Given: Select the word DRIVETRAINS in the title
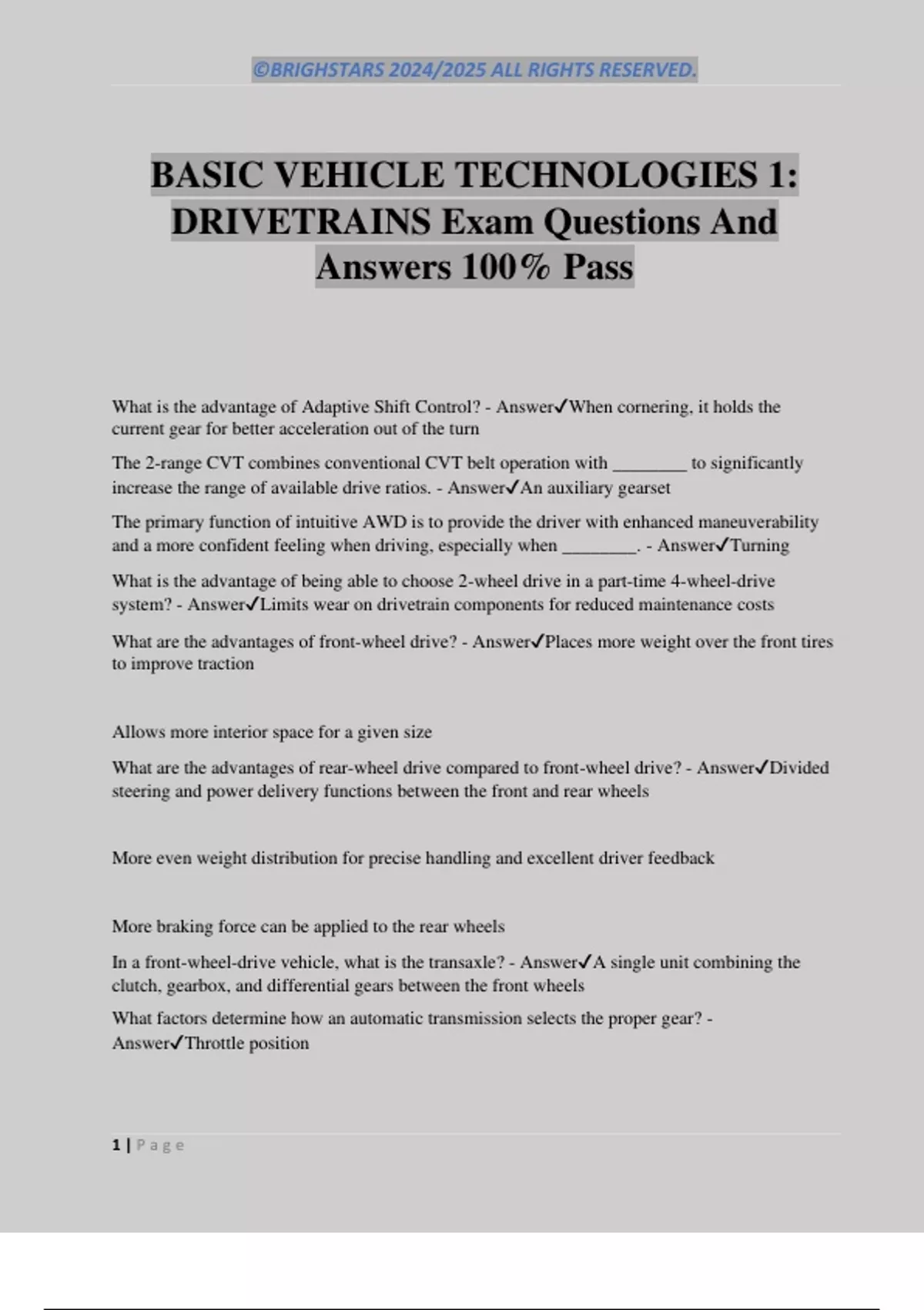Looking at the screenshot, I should (x=301, y=222).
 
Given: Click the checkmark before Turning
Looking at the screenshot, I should (x=722, y=545).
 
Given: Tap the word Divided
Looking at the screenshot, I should (x=799, y=768).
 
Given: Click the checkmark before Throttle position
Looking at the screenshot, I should (x=176, y=1043).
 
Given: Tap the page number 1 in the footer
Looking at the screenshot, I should (x=116, y=1145).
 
